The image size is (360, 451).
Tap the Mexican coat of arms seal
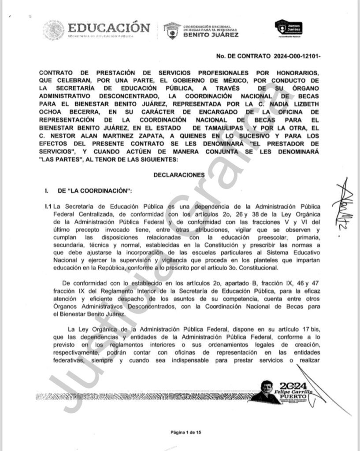53,30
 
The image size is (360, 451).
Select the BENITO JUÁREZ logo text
211,34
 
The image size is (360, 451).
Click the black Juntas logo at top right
288,28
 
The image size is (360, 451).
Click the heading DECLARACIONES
179,175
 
